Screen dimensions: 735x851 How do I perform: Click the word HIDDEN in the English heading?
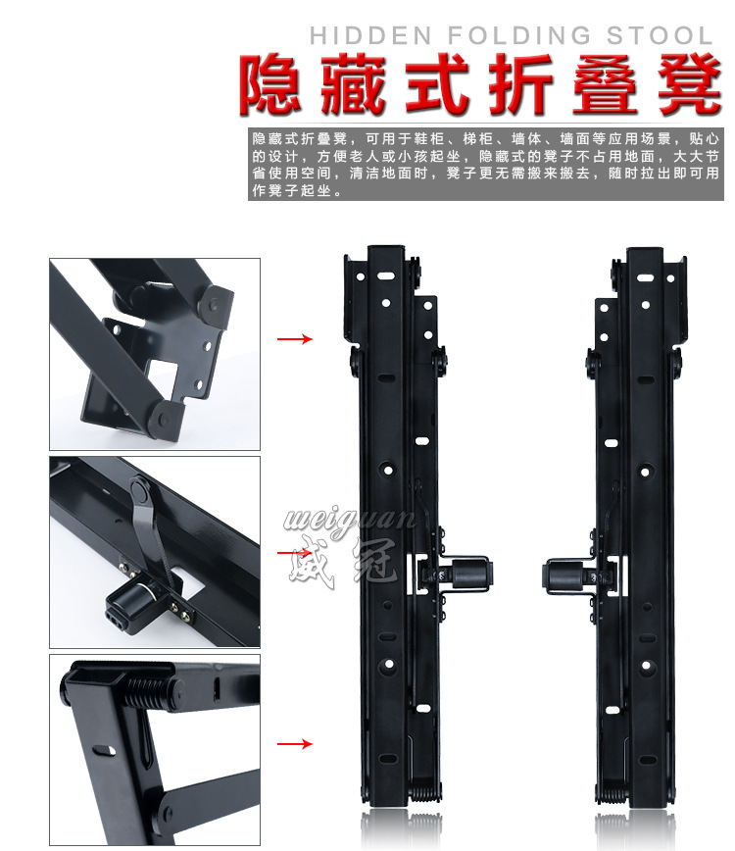(370, 36)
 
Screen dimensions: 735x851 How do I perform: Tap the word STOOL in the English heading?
(660, 36)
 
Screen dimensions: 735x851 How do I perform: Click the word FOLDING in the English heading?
(519, 36)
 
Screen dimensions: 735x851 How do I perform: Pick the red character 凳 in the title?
(690, 84)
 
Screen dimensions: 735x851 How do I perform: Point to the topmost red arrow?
(295, 339)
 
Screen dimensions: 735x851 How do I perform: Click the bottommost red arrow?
(295, 743)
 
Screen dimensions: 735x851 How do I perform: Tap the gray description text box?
(486, 165)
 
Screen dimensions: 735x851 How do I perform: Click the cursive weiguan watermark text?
(351, 520)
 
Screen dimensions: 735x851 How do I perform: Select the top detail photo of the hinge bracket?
(155, 354)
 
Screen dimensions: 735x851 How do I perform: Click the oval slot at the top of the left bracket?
(386, 276)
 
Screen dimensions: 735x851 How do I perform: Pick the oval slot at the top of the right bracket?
(646, 277)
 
